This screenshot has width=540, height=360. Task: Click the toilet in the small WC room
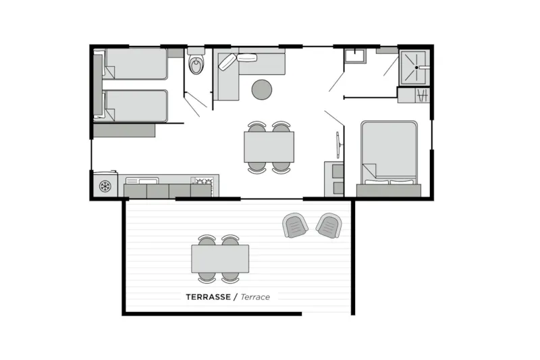pyautogui.click(x=196, y=63)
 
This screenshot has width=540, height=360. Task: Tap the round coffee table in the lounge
pyautogui.click(x=262, y=90)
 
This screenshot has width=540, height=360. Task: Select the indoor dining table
pyautogui.click(x=269, y=147)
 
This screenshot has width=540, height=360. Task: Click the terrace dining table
pyautogui.click(x=220, y=259)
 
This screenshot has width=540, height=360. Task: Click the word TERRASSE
pyautogui.click(x=209, y=297)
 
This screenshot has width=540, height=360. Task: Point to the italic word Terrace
pyautogui.click(x=255, y=297)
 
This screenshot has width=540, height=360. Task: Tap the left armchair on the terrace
pyautogui.click(x=295, y=226)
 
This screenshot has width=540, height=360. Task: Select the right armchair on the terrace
pyautogui.click(x=329, y=226)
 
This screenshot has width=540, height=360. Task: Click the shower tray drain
pyautogui.click(x=416, y=68)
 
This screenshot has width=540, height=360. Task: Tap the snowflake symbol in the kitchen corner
pyautogui.click(x=105, y=186)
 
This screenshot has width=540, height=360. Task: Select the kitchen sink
pyautogui.click(x=142, y=181)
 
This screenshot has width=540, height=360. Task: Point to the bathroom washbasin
pyautogui.click(x=355, y=56)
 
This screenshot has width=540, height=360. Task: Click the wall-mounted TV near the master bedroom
pyautogui.click(x=339, y=145)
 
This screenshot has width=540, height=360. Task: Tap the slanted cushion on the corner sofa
pyautogui.click(x=227, y=62)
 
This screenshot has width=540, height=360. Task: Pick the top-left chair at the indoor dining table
pyautogui.click(x=257, y=126)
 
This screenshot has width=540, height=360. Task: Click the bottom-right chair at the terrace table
pyautogui.click(x=230, y=278)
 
